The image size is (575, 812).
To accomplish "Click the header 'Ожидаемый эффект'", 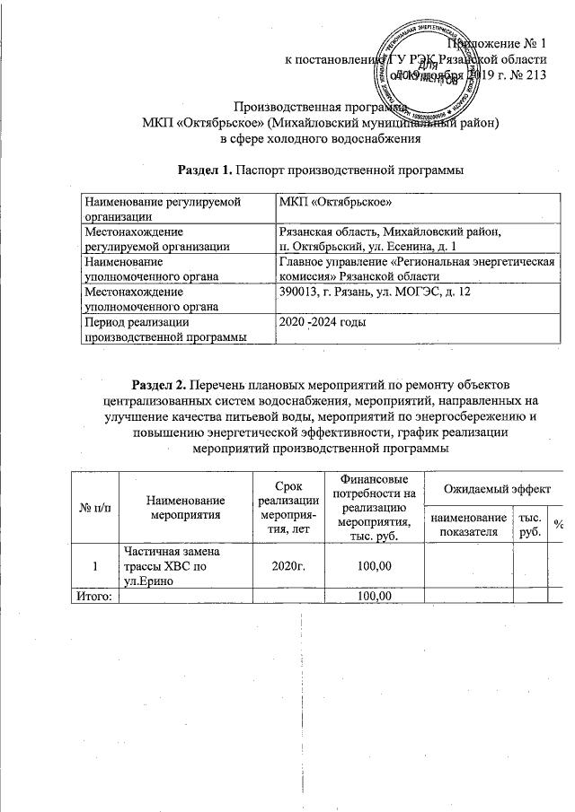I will [493, 488].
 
